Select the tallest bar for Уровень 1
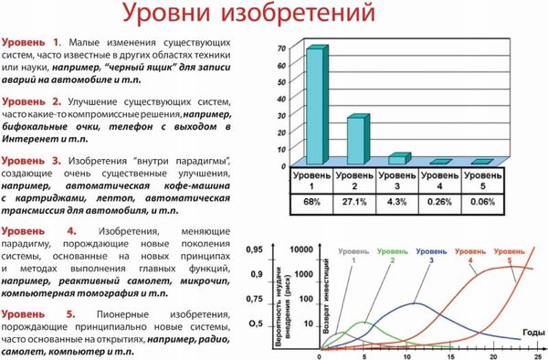pos(314,105)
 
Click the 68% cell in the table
pos(312,201)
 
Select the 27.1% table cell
pos(354,201)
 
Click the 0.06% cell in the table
pos(482,201)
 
